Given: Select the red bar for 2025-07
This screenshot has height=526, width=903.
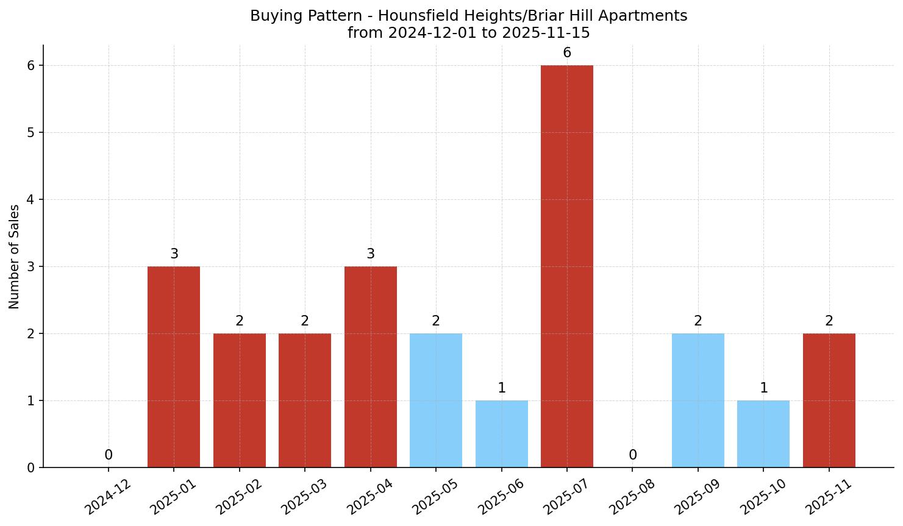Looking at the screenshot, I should [x=566, y=266].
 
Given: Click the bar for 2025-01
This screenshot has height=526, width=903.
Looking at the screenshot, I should [x=174, y=366].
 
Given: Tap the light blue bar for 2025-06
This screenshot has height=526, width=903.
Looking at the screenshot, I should [x=501, y=433].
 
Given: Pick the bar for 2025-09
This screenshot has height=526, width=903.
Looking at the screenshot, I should [x=698, y=400].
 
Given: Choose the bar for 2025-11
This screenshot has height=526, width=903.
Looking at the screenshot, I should [x=829, y=400].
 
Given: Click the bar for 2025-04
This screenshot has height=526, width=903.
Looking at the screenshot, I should [x=370, y=366].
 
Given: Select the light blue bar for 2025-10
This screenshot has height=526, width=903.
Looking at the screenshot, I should [x=763, y=433].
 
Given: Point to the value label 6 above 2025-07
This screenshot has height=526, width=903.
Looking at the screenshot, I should [x=567, y=53].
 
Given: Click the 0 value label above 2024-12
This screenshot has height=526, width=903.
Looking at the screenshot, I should [x=109, y=455].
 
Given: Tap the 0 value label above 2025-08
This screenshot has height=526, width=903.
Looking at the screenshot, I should [x=633, y=455].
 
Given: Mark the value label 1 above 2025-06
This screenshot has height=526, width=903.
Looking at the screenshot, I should [x=502, y=388].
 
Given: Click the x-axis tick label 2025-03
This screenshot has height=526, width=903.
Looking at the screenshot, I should [x=304, y=496].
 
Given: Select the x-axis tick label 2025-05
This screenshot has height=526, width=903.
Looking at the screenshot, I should [x=435, y=496].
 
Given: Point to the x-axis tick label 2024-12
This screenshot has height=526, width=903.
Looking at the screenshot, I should [x=107, y=496].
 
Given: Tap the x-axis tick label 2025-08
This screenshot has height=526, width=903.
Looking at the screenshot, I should [x=631, y=496].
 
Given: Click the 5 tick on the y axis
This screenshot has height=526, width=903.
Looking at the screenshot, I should [x=31, y=133].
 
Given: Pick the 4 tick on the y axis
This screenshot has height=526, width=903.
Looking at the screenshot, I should [x=31, y=200].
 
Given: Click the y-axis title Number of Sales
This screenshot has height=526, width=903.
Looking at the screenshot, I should [x=15, y=257].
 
